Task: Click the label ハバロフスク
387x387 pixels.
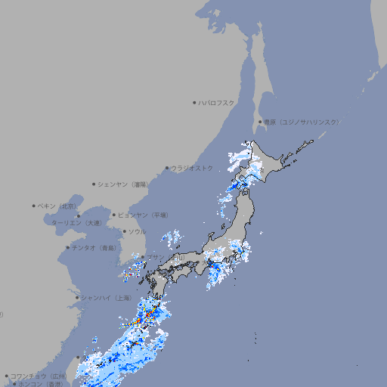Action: coord(217,102)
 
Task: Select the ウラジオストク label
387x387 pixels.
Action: coord(192,168)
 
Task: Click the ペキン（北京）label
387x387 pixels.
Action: coord(58,206)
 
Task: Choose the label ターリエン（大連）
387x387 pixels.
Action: coord(76,223)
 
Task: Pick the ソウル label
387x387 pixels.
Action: coord(136,231)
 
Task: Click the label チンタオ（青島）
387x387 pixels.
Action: coord(94,247)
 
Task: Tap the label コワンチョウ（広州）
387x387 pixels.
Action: coord(38,376)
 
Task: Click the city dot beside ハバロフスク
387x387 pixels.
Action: coord(194,102)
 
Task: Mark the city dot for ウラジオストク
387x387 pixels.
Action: coord(167,169)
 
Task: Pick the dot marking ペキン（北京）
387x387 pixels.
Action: coord(34,206)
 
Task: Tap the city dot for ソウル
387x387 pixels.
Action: coord(123,231)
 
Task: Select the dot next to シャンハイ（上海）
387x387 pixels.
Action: coord(77,298)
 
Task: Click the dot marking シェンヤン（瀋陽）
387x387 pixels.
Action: coord(94,184)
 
